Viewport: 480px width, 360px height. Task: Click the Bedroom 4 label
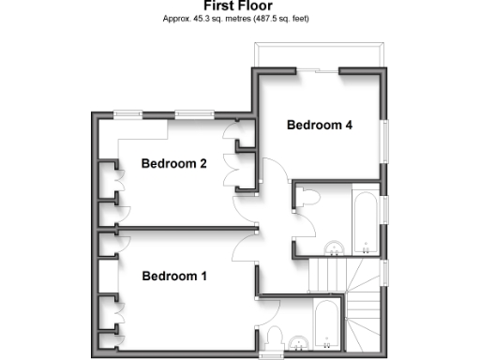pos(320,125)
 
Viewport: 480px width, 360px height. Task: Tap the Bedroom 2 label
pos(173,164)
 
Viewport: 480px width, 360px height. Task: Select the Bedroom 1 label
pos(173,277)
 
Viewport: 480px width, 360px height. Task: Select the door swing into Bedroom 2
pos(250,211)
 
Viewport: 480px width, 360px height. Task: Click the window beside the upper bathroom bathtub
pos(385,211)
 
